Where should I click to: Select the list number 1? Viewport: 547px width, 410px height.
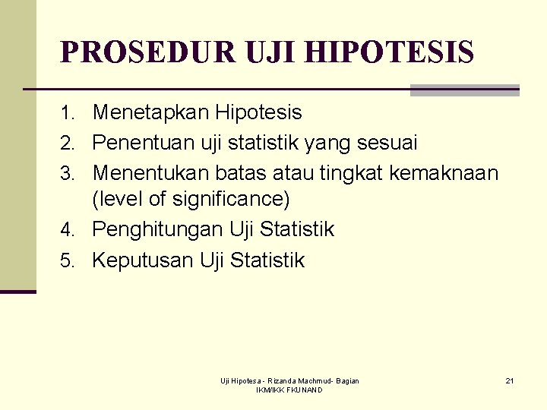[x=69, y=114]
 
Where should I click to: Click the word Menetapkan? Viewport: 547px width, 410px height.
[x=150, y=113]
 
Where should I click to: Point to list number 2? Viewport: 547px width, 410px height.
[x=69, y=143]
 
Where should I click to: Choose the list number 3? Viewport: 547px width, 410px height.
[x=69, y=174]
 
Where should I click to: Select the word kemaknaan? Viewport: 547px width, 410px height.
[x=444, y=173]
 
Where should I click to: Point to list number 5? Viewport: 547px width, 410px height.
[x=69, y=261]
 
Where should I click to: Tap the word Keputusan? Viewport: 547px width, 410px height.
[x=143, y=260]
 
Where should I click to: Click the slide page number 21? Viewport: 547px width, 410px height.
[x=510, y=380]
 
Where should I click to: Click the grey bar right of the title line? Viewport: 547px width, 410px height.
[x=464, y=90]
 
